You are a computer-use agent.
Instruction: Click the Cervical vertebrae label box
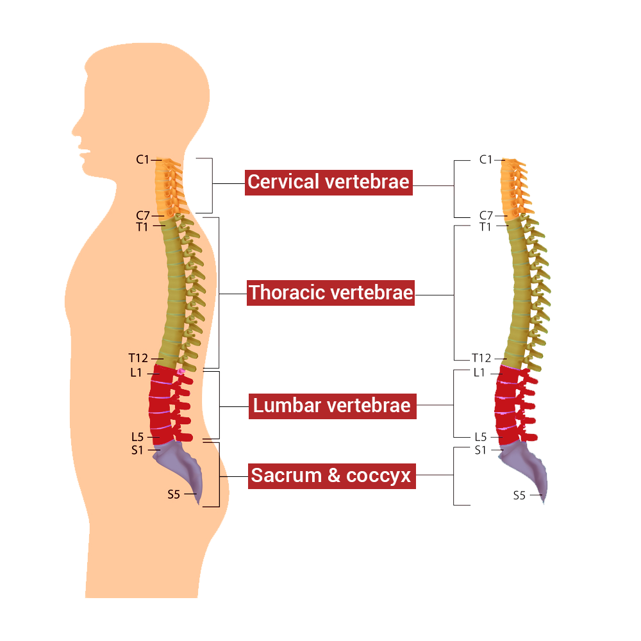(x=328, y=182)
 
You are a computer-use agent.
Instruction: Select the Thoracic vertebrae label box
(x=331, y=293)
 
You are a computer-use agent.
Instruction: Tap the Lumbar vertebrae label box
(x=331, y=406)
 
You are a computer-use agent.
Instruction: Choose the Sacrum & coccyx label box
(x=331, y=476)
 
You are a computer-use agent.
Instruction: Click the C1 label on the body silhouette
(x=142, y=160)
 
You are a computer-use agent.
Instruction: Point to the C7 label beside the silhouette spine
(x=143, y=215)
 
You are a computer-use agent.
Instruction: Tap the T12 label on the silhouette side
(x=138, y=358)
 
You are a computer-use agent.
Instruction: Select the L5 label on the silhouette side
(x=137, y=437)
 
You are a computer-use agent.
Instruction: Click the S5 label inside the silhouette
(x=174, y=494)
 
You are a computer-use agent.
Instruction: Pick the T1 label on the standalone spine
(x=486, y=226)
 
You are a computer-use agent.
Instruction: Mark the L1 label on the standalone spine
(x=479, y=372)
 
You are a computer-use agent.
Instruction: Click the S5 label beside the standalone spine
(x=519, y=495)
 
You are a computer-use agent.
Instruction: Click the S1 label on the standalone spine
(x=481, y=450)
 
